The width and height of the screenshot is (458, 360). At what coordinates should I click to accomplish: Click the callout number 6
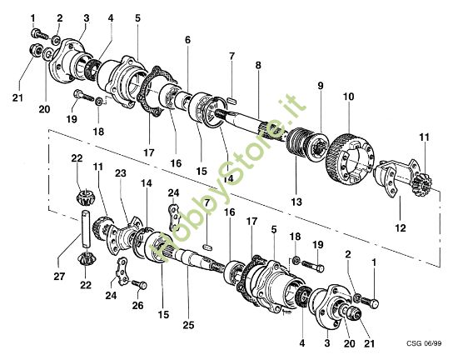(187, 40)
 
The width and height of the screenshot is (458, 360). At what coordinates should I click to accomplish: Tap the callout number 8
(258, 65)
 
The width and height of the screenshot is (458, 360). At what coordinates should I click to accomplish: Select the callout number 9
(321, 86)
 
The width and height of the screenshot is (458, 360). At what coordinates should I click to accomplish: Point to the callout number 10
(348, 97)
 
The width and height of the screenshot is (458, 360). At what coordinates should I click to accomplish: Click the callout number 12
(401, 227)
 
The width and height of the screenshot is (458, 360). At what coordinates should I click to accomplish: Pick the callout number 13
(296, 202)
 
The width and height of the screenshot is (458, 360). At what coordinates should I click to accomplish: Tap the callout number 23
(121, 173)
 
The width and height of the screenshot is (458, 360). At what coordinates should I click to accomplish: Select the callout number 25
(188, 325)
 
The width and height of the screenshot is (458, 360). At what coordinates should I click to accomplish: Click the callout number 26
(138, 305)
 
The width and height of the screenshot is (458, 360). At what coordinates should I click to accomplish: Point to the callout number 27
(59, 276)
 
